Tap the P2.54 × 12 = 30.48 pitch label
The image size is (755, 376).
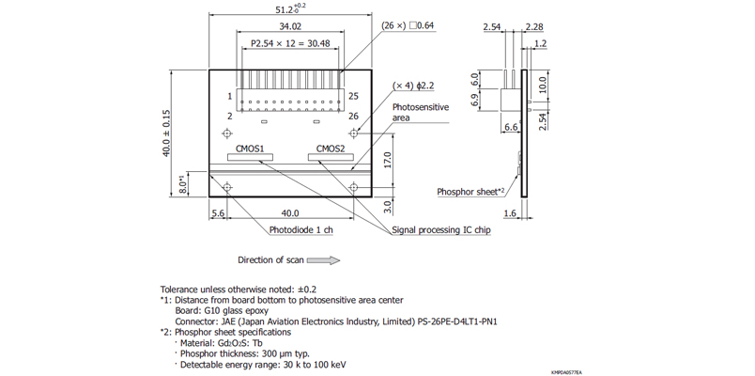pyautogui.click(x=291, y=43)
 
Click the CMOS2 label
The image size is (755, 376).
pyautogui.click(x=330, y=148)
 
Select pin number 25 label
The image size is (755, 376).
pyautogui.click(x=354, y=96)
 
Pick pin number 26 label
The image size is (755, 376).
pyautogui.click(x=354, y=117)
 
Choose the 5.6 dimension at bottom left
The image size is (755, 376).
pyautogui.click(x=219, y=213)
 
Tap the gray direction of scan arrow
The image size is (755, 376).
pyautogui.click(x=322, y=260)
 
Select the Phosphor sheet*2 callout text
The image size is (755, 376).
pyautogui.click(x=471, y=192)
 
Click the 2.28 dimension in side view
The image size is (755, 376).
pyautogui.click(x=534, y=26)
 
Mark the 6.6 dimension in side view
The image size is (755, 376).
pyautogui.click(x=512, y=125)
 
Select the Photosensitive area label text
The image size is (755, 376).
pyautogui.click(x=420, y=112)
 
